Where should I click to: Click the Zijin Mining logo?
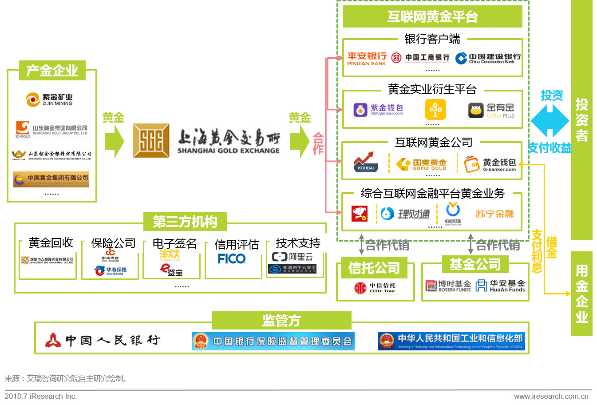[49, 99]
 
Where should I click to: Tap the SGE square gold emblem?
[151, 140]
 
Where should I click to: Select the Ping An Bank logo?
[367, 59]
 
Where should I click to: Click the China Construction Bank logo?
[488, 58]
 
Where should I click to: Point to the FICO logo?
[232, 258]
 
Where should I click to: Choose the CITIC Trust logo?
[375, 288]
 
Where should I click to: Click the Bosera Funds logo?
[448, 286]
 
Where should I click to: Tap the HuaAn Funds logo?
[500, 286]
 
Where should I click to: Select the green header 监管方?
[281, 320]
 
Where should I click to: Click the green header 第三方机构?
[185, 222]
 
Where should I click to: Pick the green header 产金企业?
[52, 71]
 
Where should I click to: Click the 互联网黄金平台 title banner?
[432, 17]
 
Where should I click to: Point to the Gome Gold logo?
[421, 164]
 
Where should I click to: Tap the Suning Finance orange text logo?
[494, 214]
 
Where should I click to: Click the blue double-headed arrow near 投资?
[550, 120]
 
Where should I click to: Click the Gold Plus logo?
[491, 110]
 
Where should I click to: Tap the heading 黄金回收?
[51, 242]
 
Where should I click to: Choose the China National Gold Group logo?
[51, 179]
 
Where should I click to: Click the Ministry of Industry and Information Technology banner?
[451, 341]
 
